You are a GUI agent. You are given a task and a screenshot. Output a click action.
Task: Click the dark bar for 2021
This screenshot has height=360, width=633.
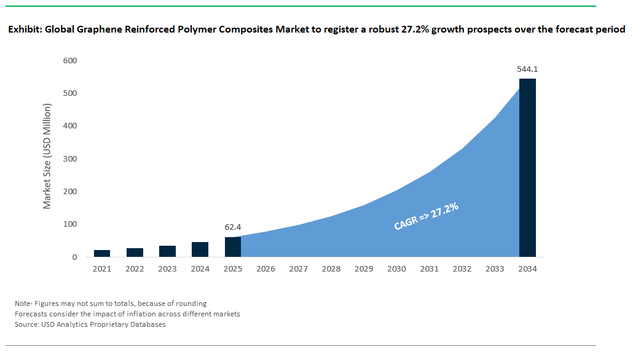coord(102,253)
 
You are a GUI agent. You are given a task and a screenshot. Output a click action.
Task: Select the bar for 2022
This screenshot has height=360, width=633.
coord(135,252)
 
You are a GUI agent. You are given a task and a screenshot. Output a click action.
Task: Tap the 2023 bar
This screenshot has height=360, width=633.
coord(167,251)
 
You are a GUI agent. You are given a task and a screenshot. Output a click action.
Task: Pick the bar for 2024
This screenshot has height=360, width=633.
coord(200,249)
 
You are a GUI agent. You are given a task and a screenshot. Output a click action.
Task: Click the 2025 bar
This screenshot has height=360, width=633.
coord(233,247)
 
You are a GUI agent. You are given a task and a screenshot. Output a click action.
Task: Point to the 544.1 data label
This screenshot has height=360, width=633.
coord(527,69)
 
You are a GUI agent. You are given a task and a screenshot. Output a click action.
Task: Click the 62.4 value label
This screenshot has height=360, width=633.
coord(233,227)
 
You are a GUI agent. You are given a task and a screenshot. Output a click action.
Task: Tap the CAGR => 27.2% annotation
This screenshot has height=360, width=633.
coord(427,216)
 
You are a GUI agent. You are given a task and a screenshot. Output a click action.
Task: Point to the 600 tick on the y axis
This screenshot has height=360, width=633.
coord(70,61)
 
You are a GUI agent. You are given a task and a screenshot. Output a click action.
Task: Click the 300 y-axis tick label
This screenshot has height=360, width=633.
coord(70,159)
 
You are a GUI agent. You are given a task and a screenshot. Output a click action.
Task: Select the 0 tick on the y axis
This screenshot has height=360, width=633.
coord(74,257)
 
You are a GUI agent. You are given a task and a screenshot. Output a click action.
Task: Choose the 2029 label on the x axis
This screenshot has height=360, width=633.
coord(364,269)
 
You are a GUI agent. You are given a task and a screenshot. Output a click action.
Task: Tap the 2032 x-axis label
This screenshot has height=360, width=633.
coord(462,269)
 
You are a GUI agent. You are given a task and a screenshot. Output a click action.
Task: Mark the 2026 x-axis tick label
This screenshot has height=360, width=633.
coord(265,269)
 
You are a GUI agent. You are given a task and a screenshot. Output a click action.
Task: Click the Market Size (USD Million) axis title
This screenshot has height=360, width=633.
coord(47,156)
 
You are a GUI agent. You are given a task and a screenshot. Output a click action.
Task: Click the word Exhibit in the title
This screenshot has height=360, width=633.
coord(24,29)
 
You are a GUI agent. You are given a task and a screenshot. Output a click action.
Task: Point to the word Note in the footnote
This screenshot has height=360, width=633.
coord(23,303)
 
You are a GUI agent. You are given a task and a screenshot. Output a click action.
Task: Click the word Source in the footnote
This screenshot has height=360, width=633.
coord(26,324)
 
